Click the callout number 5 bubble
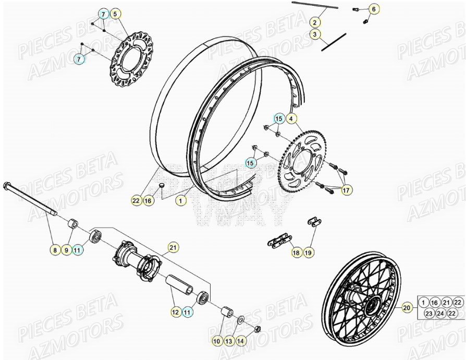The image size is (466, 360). click(x=115, y=14)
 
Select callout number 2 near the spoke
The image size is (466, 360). click(x=315, y=22)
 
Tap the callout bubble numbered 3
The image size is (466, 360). click(x=315, y=34)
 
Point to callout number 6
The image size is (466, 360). click(x=373, y=9)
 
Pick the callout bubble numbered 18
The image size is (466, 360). click(x=296, y=253)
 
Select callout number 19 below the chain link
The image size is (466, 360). click(x=308, y=253)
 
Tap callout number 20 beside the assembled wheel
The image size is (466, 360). click(x=407, y=308)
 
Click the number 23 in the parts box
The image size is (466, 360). click(x=428, y=314)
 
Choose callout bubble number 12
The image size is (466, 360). click(x=175, y=312)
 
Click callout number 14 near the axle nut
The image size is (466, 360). click(x=240, y=341)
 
